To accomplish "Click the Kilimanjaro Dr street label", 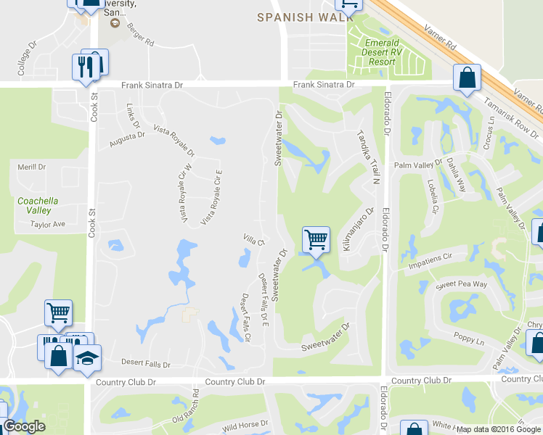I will point(358,231).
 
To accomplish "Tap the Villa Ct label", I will point(252,239).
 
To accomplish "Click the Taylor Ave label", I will point(48,225).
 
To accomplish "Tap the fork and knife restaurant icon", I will point(81,67).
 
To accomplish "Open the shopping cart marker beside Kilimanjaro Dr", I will point(316,239).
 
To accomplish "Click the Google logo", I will point(23,427).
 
